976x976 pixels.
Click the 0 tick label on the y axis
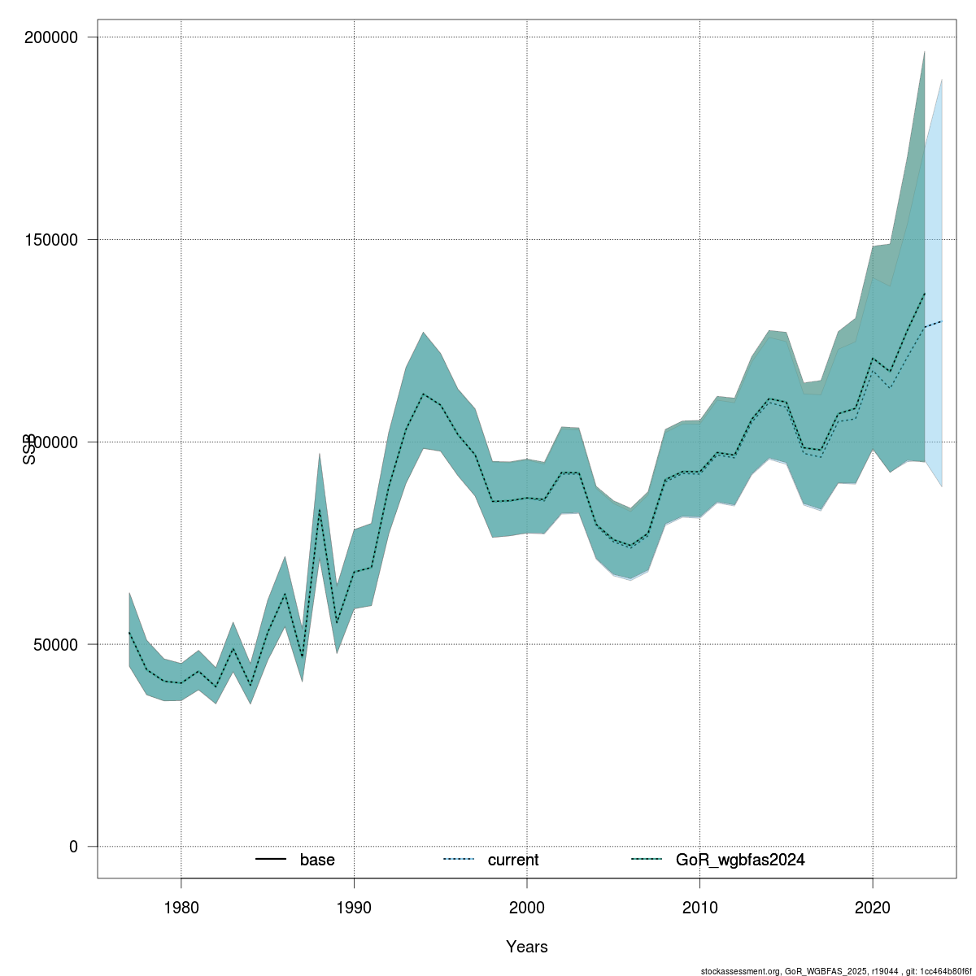point(73,847)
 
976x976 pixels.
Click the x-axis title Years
point(527,947)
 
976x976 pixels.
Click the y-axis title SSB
point(30,449)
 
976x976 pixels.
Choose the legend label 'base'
point(317,860)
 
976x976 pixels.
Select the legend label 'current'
point(513,860)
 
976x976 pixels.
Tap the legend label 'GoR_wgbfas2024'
point(740,860)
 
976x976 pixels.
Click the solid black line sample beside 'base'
point(271,860)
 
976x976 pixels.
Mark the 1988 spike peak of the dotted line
point(320,509)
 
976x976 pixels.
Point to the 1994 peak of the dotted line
point(423,394)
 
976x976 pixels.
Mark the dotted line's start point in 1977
point(129,632)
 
